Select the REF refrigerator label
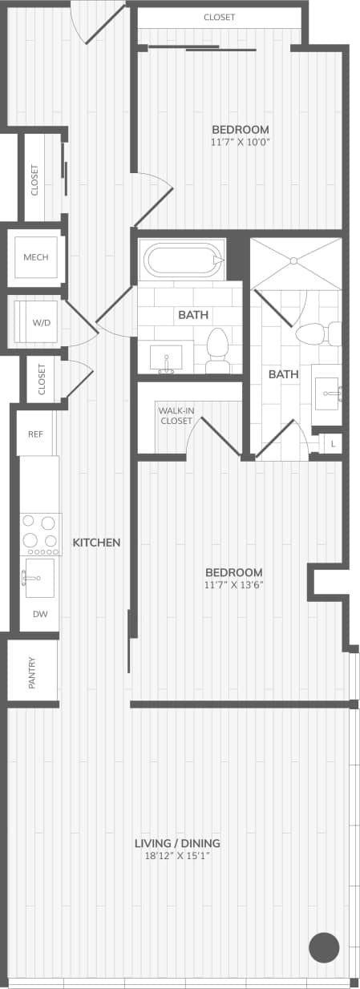click(x=35, y=434)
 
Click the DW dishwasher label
click(x=39, y=614)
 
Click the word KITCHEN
click(x=96, y=543)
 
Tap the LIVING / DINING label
click(x=177, y=843)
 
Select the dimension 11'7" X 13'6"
click(x=234, y=584)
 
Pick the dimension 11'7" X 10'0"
click(x=241, y=142)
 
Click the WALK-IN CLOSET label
click(x=176, y=415)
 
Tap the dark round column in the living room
click(x=324, y=947)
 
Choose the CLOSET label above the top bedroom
click(x=219, y=17)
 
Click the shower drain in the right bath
click(x=293, y=260)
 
